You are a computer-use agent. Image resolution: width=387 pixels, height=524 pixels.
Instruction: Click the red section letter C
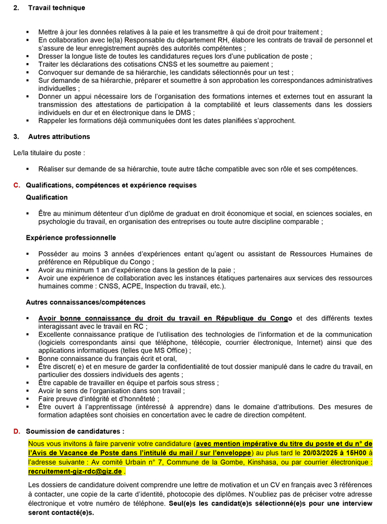click(16, 185)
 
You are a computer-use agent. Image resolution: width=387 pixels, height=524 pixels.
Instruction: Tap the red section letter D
click(16, 431)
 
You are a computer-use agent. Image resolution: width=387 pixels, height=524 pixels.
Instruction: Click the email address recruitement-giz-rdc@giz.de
click(75, 471)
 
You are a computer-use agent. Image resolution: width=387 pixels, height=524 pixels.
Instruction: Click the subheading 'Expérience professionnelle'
click(71, 238)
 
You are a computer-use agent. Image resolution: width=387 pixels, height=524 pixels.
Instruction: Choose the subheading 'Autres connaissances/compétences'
click(85, 302)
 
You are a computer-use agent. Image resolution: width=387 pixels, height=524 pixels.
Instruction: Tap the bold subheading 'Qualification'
click(47, 197)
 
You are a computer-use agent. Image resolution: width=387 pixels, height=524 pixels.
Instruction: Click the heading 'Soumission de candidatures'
click(75, 431)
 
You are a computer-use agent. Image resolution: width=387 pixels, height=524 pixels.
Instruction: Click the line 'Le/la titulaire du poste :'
click(49, 153)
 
